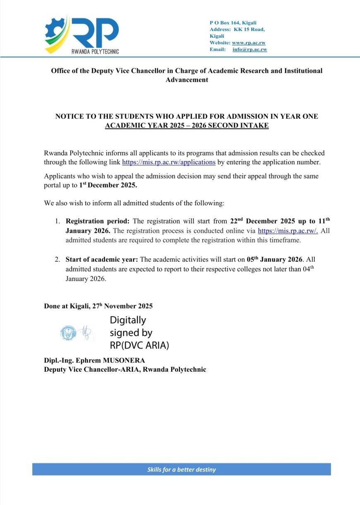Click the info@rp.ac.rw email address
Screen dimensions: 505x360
pos(250,49)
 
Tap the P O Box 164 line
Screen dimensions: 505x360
pos(233,23)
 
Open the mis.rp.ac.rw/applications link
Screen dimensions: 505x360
pos(169,162)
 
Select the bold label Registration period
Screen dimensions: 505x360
pos(97,221)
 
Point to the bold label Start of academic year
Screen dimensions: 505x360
pos(102,260)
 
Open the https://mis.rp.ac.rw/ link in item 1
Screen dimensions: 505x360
pos(288,231)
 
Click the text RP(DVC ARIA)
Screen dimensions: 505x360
pos(139,345)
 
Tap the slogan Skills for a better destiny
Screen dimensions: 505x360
pos(182,469)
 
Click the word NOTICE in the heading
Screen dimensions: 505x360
pos(70,117)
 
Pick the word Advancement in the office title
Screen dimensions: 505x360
pos(187,79)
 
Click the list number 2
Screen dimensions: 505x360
pos(58,260)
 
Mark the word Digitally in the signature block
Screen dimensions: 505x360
pos(127,320)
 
